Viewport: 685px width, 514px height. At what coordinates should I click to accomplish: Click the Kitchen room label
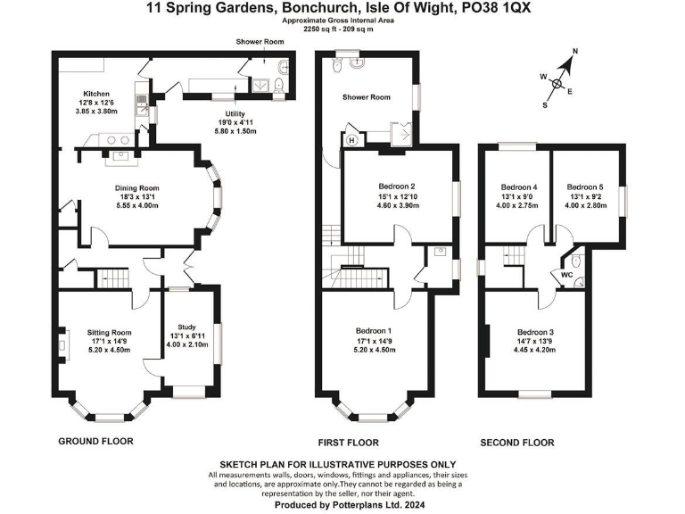pos(96,94)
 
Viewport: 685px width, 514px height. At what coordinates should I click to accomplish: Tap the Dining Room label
pos(136,188)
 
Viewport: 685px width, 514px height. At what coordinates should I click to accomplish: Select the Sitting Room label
pos(110,331)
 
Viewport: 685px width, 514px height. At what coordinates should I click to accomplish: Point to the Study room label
pos(186,327)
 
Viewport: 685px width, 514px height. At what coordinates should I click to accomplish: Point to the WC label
pos(566,276)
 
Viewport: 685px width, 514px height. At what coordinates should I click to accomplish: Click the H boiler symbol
pos(351,140)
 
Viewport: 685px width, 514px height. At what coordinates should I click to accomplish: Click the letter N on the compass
pos(575,53)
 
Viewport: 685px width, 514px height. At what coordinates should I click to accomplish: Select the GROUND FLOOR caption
pos(95,442)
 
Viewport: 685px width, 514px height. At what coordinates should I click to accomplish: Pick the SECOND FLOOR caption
pos(517,443)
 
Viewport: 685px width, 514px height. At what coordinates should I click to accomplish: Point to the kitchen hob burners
pos(115,138)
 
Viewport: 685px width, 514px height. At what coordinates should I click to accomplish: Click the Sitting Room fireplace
pos(64,344)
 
